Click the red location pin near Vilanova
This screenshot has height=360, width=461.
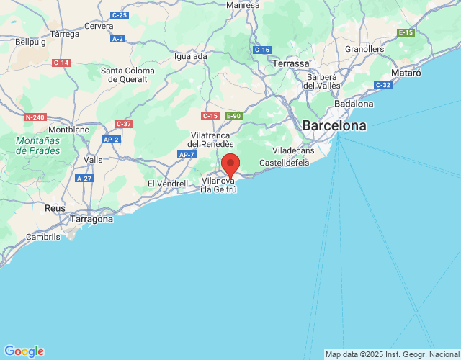pos(230,164)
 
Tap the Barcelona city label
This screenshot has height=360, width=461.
pos(334,126)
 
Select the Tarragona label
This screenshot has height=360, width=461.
pos(91,219)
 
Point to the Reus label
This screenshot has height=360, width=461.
pos(55,207)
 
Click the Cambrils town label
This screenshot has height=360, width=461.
pos(43,236)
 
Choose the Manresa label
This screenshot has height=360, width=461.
pos(242,5)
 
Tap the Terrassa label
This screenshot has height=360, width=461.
pos(291,64)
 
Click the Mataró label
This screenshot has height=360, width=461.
pos(405,73)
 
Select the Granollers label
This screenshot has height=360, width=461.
pos(364,49)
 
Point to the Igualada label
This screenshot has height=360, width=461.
pos(191,55)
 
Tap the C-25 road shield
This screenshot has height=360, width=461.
pos(120,15)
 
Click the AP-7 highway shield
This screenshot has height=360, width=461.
pos(187,155)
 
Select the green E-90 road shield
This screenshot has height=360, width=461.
pos(233,115)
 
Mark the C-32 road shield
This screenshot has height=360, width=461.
pos(382,85)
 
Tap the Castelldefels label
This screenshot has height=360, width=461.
pos(284,163)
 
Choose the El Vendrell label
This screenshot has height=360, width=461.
pos(167,184)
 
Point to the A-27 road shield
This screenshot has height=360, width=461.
pos(84,178)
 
